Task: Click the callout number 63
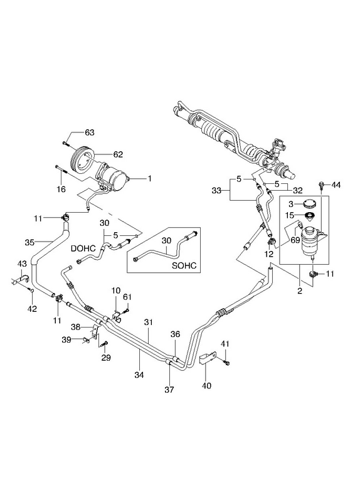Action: point(90,132)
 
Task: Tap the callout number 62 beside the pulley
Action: point(118,154)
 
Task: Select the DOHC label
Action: point(83,248)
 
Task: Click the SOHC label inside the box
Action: point(184,265)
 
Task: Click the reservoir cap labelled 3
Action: point(309,203)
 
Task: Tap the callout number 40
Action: point(207,386)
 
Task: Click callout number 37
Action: point(169,390)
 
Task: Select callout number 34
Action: point(139,374)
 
